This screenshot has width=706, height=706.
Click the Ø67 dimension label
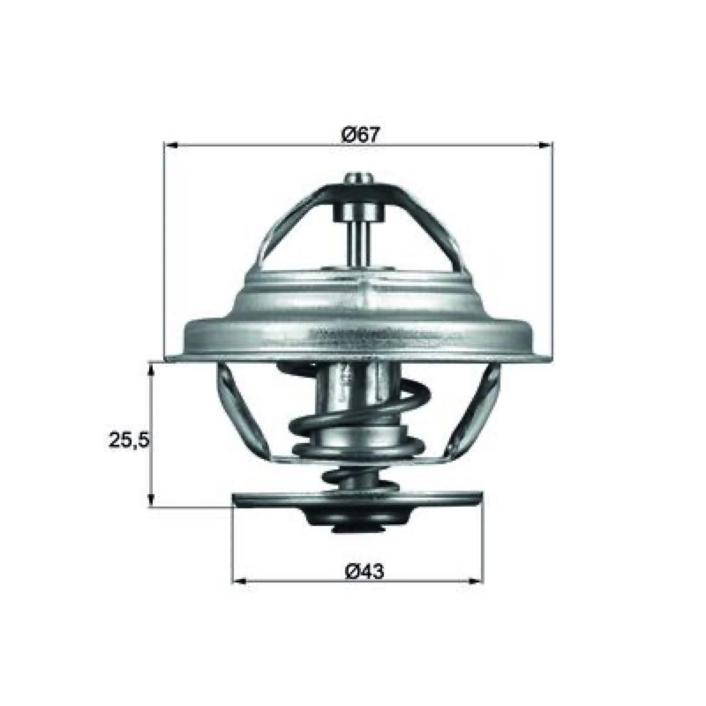[x=361, y=134]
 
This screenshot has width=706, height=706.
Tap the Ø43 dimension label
[x=364, y=572]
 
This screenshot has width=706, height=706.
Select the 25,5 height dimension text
[x=128, y=439]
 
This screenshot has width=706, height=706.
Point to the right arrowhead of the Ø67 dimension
[x=545, y=145]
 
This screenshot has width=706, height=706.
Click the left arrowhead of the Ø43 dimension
[x=239, y=581]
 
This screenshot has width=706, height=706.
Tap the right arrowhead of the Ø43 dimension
[x=476, y=581]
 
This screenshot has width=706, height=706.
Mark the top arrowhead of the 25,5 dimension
[x=152, y=370]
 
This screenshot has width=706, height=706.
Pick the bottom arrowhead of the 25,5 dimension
[x=152, y=499]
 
